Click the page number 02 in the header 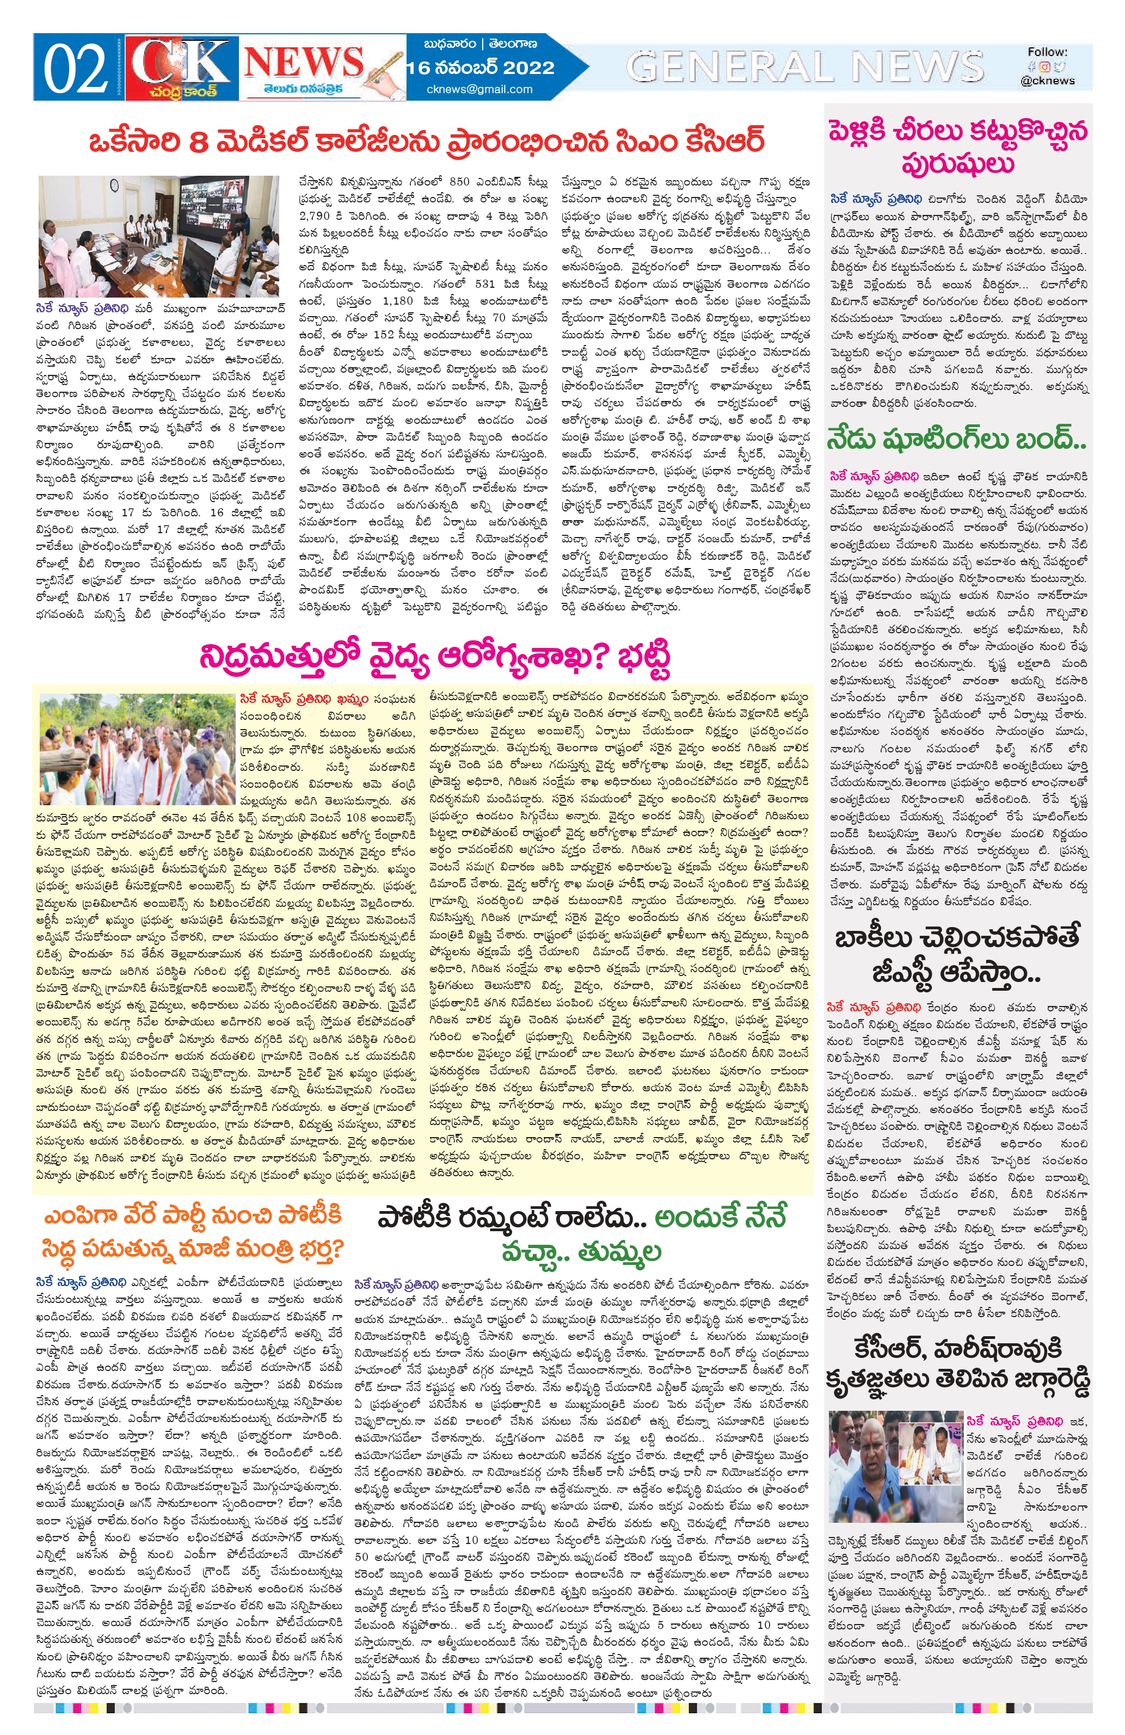76,69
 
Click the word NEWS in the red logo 303,62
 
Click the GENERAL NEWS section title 805,67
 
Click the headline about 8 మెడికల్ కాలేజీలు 427,140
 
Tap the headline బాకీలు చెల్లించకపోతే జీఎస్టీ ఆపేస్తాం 957,954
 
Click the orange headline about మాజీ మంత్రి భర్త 193,1233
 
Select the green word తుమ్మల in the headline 619,1252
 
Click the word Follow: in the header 1047,52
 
